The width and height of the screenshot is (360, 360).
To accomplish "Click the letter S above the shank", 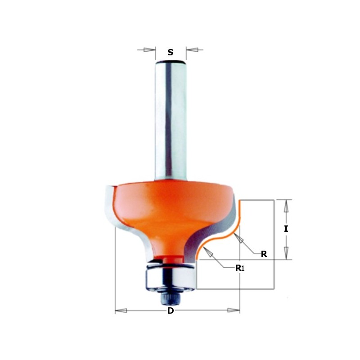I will click(x=170, y=53).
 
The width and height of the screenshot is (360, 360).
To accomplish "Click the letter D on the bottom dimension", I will click(x=171, y=311).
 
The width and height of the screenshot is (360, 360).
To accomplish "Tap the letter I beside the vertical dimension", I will click(x=286, y=229).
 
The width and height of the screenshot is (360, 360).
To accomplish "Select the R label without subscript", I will click(x=264, y=254).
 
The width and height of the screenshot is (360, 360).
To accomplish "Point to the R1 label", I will click(x=239, y=268).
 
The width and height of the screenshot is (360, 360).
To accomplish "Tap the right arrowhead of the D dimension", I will click(x=234, y=310).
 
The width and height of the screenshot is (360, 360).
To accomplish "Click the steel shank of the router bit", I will click(x=170, y=121).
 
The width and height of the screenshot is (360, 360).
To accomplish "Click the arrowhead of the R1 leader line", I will click(x=207, y=253).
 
